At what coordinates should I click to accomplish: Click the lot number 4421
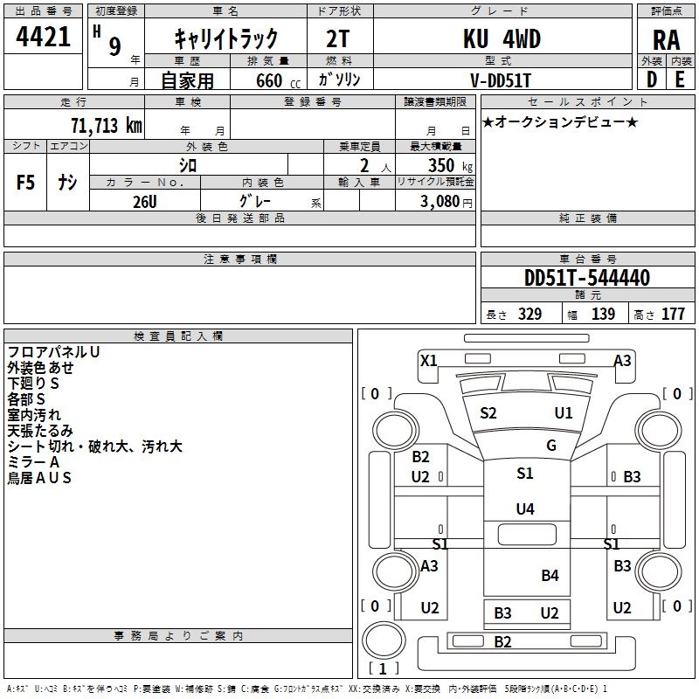[43, 37]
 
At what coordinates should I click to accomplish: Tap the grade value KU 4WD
[502, 38]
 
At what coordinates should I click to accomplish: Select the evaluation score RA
[667, 40]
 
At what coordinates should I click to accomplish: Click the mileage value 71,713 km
[107, 125]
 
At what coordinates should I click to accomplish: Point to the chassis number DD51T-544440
[587, 278]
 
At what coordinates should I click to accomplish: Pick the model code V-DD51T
[501, 80]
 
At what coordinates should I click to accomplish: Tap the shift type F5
[25, 183]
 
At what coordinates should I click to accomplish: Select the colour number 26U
[145, 202]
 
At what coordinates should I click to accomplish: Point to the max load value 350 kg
[450, 165]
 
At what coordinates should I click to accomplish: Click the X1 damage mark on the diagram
[429, 360]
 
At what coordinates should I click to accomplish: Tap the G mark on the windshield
[551, 445]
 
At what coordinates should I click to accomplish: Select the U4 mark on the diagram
[525, 509]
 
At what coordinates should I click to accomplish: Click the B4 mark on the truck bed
[550, 576]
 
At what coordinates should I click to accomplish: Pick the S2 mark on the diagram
[488, 412]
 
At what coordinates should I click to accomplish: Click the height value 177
[673, 314]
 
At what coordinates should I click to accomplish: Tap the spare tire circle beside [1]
[384, 640]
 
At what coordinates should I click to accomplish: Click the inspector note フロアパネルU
[53, 352]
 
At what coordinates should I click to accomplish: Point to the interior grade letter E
[680, 80]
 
